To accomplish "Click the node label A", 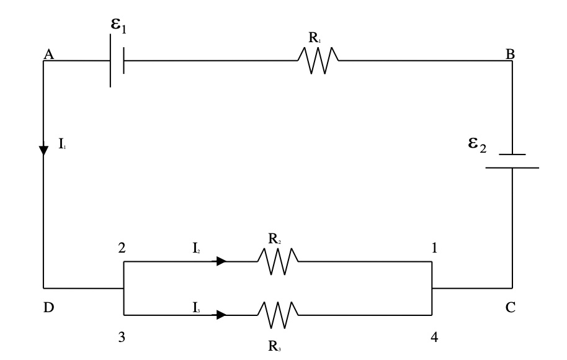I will click(x=48, y=55).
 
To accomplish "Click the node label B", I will click(x=510, y=55).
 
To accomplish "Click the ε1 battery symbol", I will click(x=117, y=61).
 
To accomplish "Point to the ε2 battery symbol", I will click(x=512, y=161).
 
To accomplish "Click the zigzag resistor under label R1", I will click(x=318, y=61).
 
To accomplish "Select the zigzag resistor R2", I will click(x=278, y=262).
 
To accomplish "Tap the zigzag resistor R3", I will click(x=278, y=315).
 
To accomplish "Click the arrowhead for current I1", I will click(x=43, y=151).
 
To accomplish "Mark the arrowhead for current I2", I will click(x=221, y=262).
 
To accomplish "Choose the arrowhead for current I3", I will click(x=221, y=315).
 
